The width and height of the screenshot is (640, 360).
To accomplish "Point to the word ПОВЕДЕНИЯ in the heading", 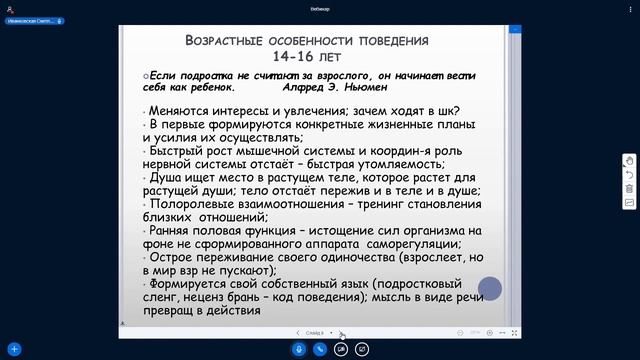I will [x=383, y=41].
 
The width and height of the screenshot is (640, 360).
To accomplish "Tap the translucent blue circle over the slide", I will [x=489, y=290].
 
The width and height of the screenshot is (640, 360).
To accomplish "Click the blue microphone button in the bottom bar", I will [x=299, y=350].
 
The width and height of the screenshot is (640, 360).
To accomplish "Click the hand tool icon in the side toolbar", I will [x=629, y=160].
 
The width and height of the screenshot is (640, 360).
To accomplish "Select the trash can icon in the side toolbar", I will [x=629, y=188].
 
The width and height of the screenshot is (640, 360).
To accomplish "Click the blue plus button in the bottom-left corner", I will [x=15, y=350].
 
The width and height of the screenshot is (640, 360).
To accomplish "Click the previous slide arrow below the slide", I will [x=297, y=332].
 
